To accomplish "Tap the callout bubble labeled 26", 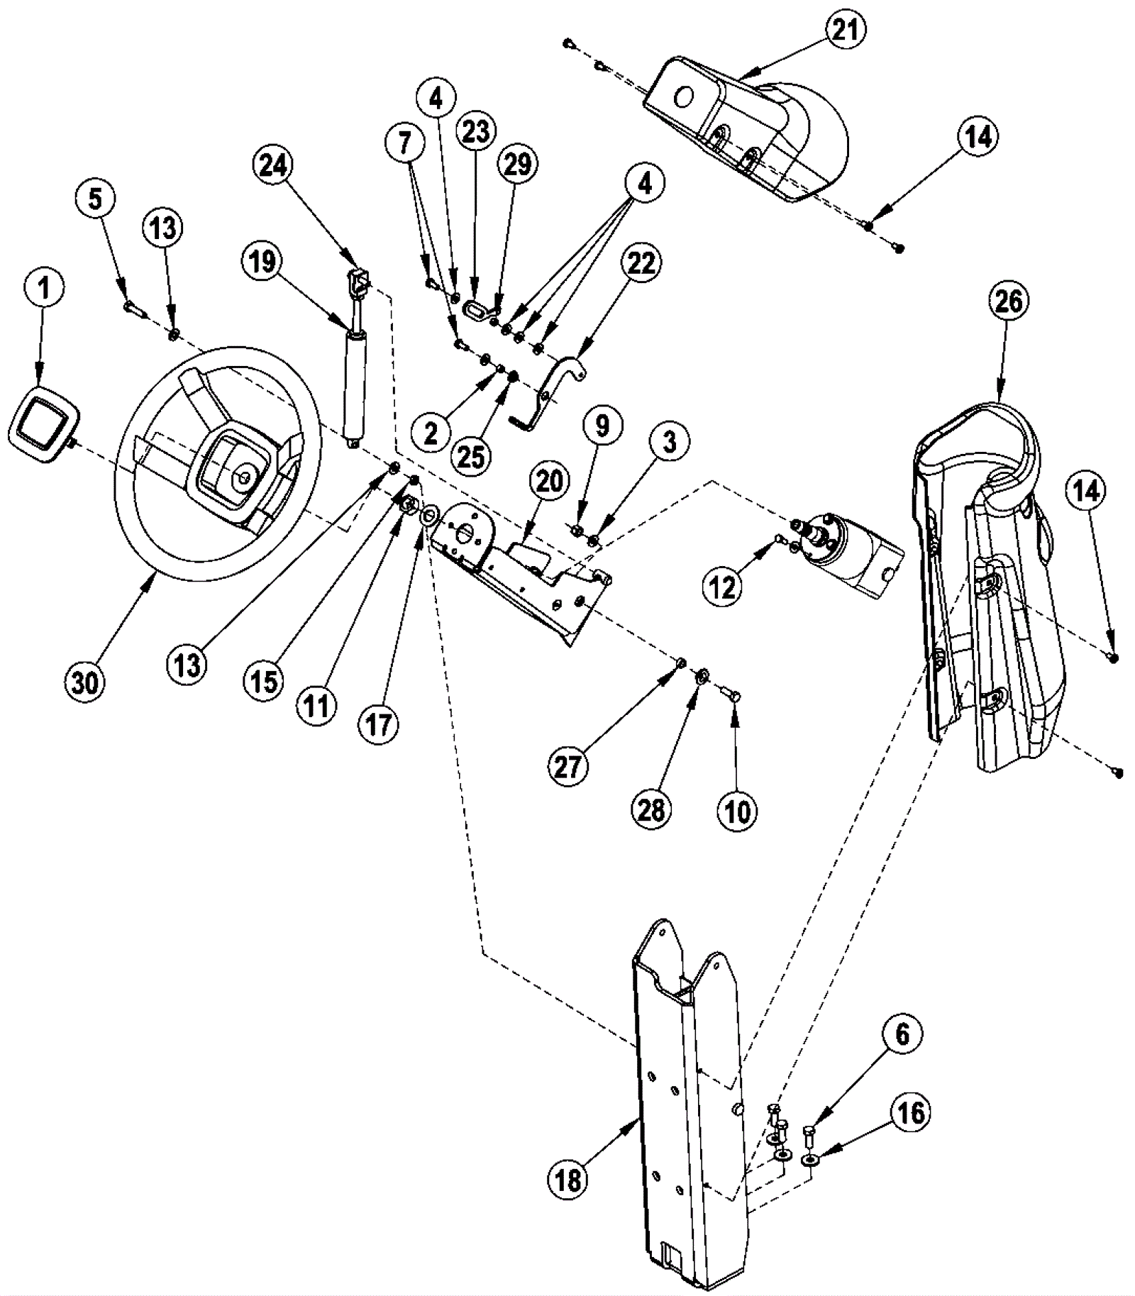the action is (1008, 301).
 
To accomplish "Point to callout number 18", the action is (568, 1180).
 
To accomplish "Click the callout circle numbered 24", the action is (274, 165).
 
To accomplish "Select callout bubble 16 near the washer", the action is (911, 1113).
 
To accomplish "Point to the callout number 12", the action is (723, 587).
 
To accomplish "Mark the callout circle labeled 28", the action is (651, 809).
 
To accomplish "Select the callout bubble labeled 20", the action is (550, 481).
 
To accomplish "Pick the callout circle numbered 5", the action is (94, 199).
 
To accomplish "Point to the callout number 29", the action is (517, 164).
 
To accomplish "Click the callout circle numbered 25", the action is (471, 456).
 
